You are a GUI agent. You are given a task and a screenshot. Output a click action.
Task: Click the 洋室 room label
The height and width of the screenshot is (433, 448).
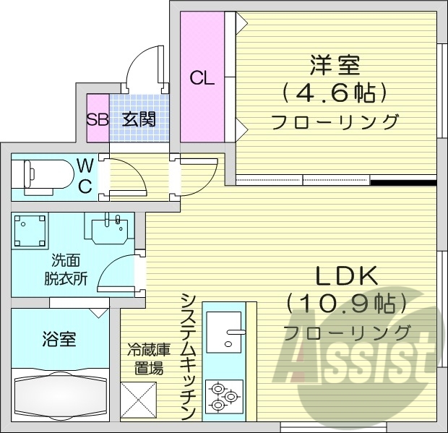(335, 67)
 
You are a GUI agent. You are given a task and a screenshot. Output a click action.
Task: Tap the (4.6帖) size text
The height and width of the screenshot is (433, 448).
(335, 93)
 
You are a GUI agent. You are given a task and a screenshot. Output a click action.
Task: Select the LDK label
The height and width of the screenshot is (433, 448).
(347, 277)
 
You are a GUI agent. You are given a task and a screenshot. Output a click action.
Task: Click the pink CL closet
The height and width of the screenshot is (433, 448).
(202, 78)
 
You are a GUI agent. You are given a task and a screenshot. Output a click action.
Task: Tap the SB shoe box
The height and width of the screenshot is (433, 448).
(97, 119)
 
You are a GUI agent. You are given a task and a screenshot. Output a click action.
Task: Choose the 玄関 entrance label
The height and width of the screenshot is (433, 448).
(137, 119)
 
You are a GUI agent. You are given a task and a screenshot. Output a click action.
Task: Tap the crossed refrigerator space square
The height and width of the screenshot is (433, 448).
(138, 400)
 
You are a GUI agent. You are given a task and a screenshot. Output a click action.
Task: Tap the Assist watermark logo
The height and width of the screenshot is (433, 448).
(361, 354)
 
